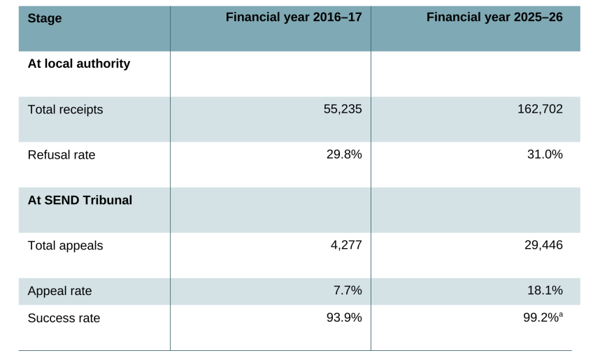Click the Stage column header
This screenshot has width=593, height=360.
45,19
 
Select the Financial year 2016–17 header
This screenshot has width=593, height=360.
294,17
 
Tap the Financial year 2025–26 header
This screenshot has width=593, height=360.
494,17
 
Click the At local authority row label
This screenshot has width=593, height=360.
78,64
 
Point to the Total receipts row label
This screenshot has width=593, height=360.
65,109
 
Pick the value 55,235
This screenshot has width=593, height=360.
343,109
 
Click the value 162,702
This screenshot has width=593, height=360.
540,109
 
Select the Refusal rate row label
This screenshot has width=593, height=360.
62,154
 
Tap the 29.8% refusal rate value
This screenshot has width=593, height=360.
344,154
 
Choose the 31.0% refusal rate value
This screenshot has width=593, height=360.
545,154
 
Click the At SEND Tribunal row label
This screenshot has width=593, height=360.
80,200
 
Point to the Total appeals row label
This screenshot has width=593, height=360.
65,245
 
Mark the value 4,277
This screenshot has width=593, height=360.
346,245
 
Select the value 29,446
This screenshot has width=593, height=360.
543,245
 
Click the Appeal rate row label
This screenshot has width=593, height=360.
59,291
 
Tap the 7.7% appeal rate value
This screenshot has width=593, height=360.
348,290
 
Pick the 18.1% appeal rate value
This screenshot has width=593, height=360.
545,290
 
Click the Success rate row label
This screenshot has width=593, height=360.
64,318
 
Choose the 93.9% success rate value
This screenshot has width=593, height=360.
344,317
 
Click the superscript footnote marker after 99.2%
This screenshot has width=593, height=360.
561,315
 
